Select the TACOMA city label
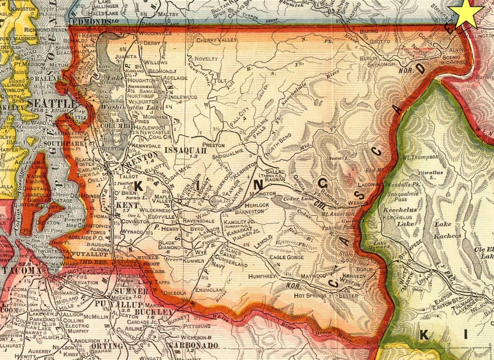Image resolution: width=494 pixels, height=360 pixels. point(18,271)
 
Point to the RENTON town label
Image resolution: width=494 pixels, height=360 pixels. point(141,162)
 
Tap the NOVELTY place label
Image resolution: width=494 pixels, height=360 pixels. point(206,58)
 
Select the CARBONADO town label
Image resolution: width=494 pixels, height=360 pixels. point(193,345)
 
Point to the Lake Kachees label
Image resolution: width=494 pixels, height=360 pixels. point(447,231)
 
